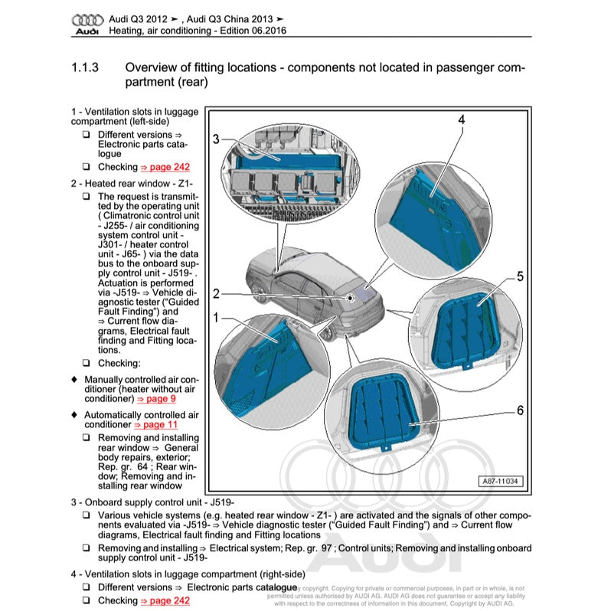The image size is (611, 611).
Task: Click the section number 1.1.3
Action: pyautogui.click(x=85, y=68)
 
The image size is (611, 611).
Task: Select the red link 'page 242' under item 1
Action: pyautogui.click(x=165, y=167)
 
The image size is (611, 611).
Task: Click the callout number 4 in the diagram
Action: pyautogui.click(x=462, y=120)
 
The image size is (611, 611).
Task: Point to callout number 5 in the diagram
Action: pyautogui.click(x=520, y=277)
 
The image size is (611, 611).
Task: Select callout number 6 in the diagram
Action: pyautogui.click(x=520, y=411)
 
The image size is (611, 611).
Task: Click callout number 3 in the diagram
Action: pyautogui.click(x=216, y=139)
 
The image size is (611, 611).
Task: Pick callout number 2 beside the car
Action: pyautogui.click(x=216, y=293)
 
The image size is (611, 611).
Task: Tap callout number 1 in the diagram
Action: pyautogui.click(x=216, y=316)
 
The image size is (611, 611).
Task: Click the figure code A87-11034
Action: pyautogui.click(x=502, y=482)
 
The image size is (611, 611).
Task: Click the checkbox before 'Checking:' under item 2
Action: pyautogui.click(x=87, y=363)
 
